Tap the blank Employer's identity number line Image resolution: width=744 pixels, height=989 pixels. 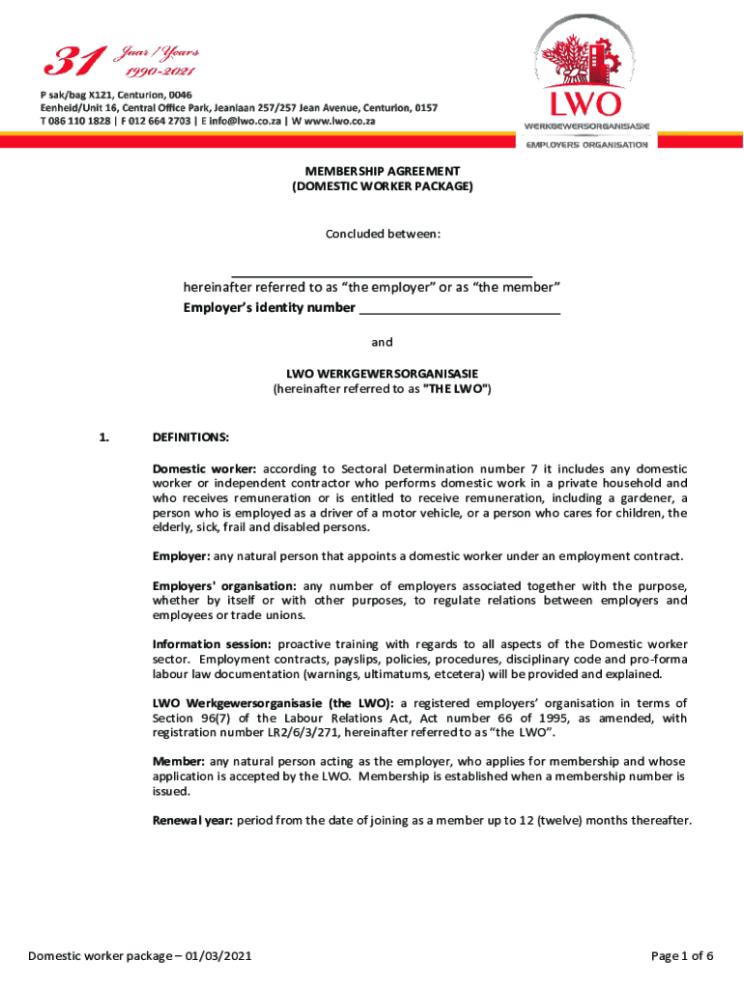[x=459, y=309]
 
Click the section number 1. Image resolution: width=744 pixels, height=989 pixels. [x=103, y=438]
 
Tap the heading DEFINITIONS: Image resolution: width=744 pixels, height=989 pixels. [x=190, y=438]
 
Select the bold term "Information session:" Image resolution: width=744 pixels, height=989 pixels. [x=212, y=644]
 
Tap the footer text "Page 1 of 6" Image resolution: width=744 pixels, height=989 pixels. [x=682, y=956]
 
